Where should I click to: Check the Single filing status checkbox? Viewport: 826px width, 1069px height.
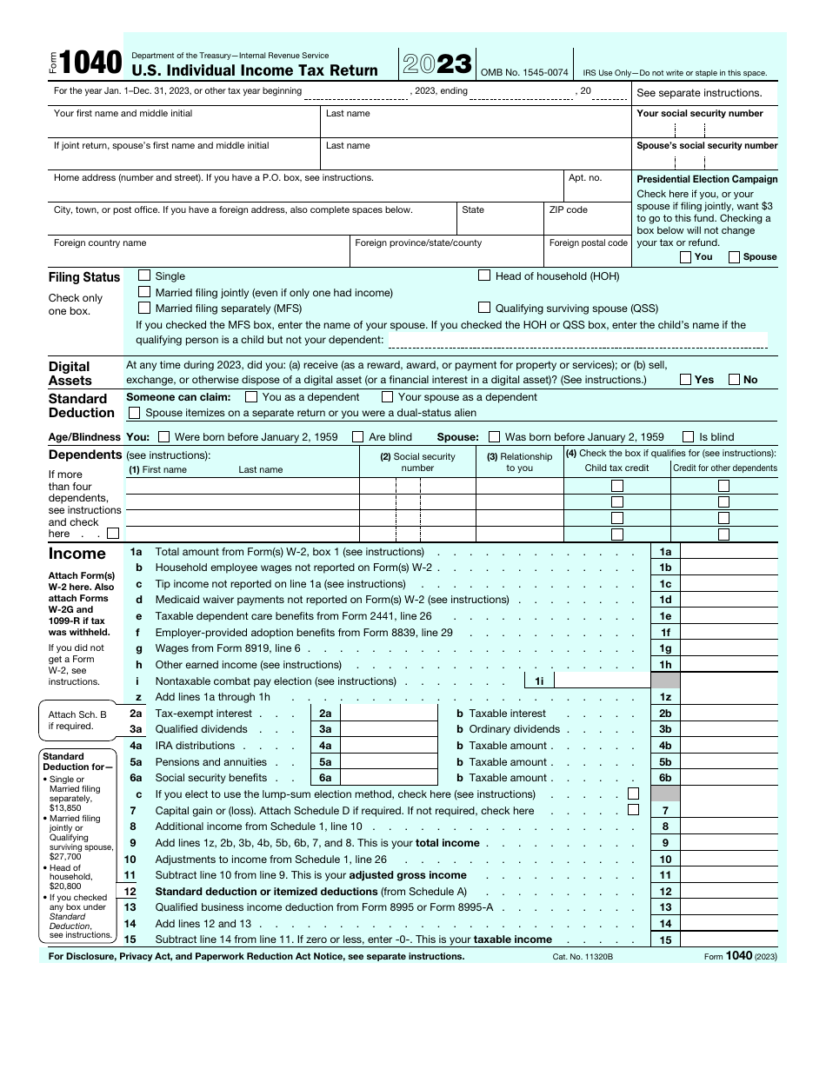144,276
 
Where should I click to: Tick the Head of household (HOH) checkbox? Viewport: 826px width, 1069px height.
484,276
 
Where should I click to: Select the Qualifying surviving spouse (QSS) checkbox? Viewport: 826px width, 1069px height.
484,308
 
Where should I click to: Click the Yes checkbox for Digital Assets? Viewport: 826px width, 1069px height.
685,379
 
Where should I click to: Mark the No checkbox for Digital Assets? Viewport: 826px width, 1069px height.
734,379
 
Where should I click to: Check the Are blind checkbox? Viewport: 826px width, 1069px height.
357,437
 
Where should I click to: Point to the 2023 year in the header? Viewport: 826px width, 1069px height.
437,64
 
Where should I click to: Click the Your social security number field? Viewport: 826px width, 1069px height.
706,130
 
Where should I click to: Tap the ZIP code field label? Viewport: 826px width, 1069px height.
569,209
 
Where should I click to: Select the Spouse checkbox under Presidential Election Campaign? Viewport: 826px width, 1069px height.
734,257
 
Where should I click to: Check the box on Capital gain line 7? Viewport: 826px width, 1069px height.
633,810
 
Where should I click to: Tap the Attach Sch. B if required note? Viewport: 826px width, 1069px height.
77,720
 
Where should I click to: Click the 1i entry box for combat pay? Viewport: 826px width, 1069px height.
602,681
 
